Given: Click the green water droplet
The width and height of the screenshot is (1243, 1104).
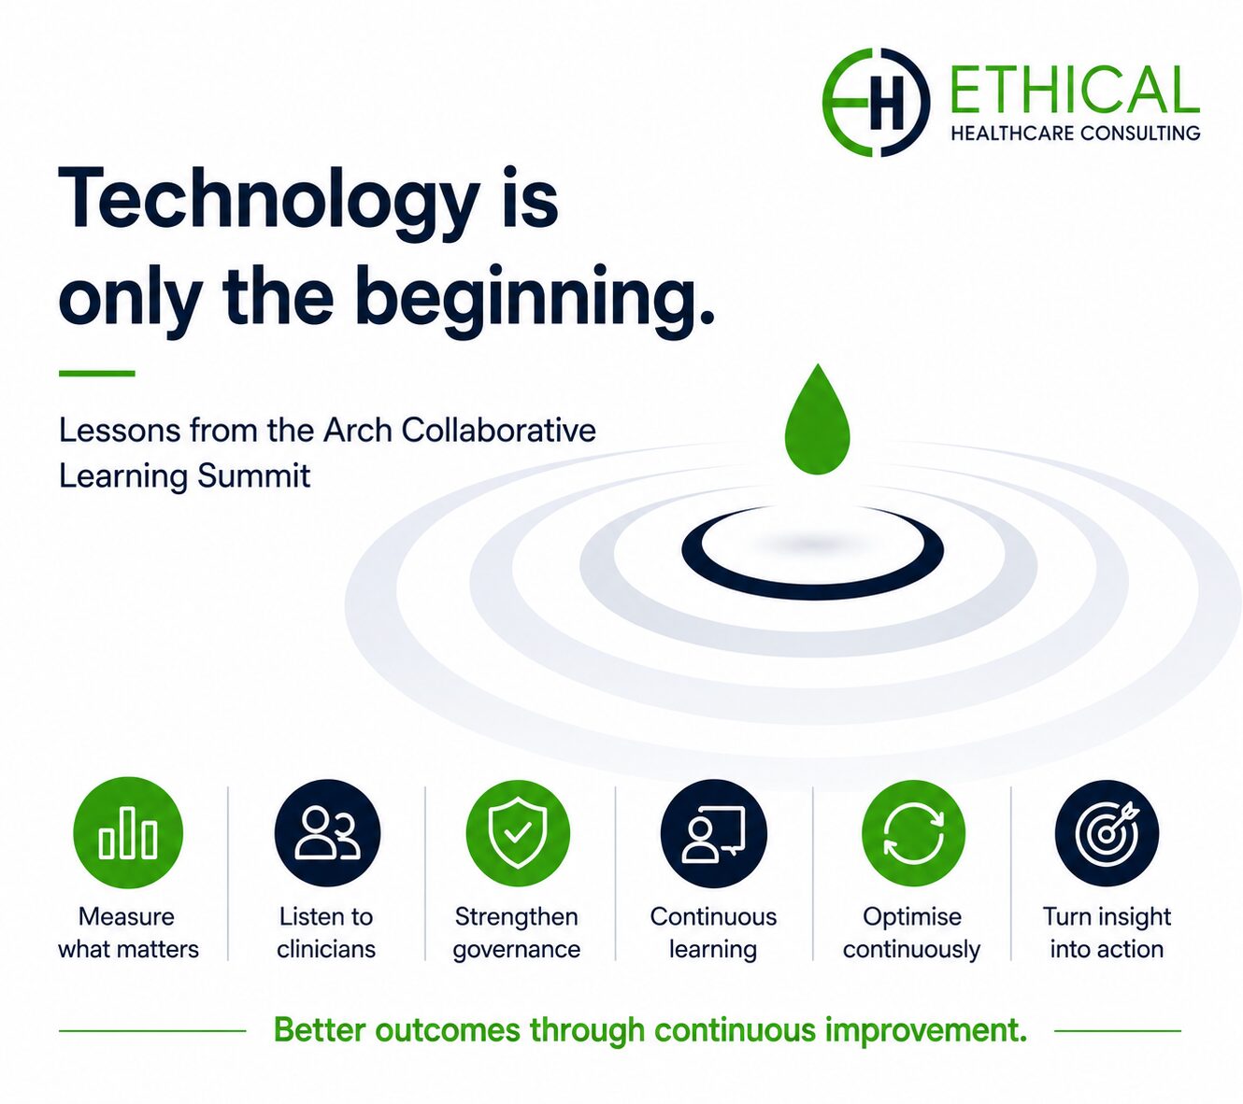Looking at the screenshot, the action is click(x=817, y=423).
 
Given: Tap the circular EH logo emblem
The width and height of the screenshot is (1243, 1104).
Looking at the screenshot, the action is click(x=876, y=103).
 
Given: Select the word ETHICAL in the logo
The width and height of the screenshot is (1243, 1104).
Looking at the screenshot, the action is click(x=1074, y=91).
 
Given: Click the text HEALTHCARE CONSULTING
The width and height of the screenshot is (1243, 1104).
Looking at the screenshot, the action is click(x=1075, y=133).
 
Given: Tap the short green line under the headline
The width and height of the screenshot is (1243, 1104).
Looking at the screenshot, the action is click(x=97, y=373).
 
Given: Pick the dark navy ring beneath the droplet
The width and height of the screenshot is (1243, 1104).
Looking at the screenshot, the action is click(x=812, y=592).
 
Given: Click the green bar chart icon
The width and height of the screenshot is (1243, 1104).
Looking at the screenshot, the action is click(x=128, y=833).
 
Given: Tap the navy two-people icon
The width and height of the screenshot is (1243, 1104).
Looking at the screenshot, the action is click(x=327, y=833).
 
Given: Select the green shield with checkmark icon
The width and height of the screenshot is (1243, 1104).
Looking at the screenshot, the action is click(x=518, y=833).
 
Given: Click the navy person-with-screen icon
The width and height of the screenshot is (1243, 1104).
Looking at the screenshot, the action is click(x=713, y=833).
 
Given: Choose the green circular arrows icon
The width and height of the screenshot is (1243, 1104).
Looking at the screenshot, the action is click(x=913, y=833).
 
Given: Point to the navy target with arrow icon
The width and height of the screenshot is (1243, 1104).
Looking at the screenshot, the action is click(x=1107, y=833).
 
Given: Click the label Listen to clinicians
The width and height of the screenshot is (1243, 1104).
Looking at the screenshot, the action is click(x=326, y=933).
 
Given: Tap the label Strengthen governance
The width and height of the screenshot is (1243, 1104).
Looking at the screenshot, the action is click(x=517, y=933).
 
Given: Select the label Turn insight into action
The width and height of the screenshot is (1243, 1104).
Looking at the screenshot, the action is click(x=1107, y=933).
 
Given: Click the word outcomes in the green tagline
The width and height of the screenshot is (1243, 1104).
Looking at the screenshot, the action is click(x=448, y=1030).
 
